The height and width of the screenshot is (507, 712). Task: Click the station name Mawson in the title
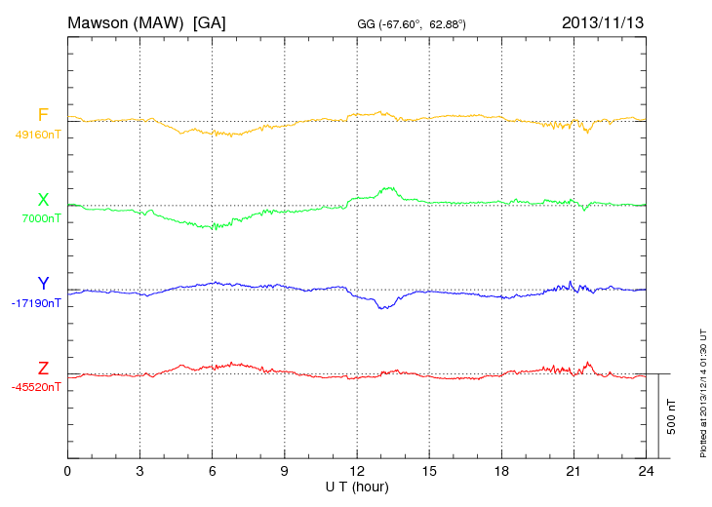pos(102,21)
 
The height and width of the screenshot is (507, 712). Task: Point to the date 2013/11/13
pos(602,21)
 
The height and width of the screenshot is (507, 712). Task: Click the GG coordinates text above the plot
pos(413,22)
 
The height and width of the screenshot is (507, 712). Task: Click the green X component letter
pos(43,200)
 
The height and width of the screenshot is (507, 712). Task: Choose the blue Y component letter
pos(43,284)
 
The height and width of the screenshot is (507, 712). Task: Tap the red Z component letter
pos(43,369)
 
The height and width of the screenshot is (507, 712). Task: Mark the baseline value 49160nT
pos(38,135)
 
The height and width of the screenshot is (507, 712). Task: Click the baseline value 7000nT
pos(41,218)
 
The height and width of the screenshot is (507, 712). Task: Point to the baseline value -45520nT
pos(36,387)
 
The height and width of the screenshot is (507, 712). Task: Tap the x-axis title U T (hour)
pos(357,486)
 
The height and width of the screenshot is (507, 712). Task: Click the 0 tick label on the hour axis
pos(67,471)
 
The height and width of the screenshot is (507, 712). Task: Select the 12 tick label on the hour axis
pos(357,471)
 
